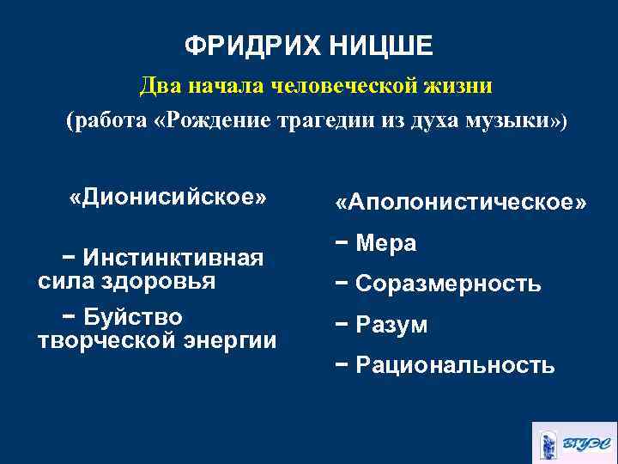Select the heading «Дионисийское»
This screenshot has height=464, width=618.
(x=167, y=198)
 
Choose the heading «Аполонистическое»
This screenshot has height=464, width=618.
(x=462, y=203)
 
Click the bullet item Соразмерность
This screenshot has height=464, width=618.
(x=447, y=284)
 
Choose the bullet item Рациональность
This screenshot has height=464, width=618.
(x=454, y=366)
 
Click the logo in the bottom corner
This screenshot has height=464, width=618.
(x=574, y=443)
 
